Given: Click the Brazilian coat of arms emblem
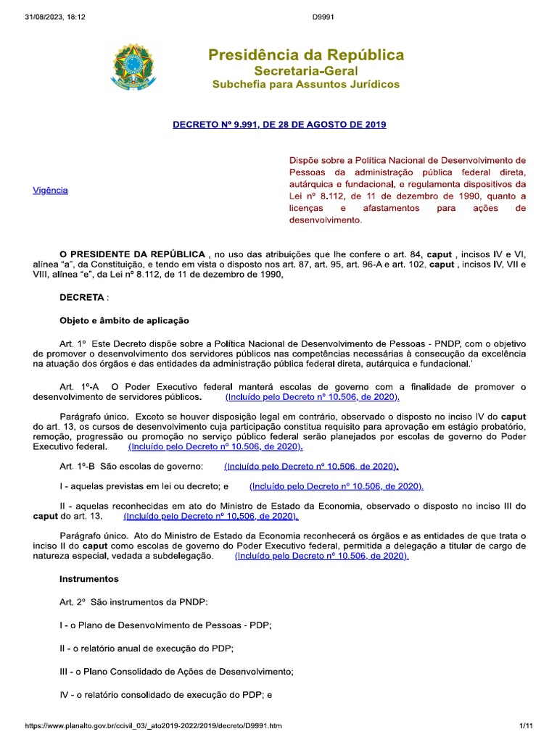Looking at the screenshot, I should (x=133, y=67).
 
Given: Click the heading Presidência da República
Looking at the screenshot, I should (x=306, y=55).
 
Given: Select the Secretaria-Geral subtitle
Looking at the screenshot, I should (x=305, y=70).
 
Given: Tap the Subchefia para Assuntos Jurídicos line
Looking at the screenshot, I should (x=305, y=85).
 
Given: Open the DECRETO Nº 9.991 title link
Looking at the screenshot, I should (x=279, y=125).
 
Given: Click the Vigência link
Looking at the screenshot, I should (x=51, y=190).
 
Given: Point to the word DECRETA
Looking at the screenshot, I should (x=82, y=297).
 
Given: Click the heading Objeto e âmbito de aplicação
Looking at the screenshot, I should (x=123, y=320).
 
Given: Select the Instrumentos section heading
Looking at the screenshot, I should (x=88, y=580).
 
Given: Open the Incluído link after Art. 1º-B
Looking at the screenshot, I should (x=311, y=467).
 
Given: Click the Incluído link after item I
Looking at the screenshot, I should (x=336, y=486).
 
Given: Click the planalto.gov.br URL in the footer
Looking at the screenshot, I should (x=154, y=725).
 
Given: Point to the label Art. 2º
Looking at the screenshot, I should (x=73, y=603).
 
